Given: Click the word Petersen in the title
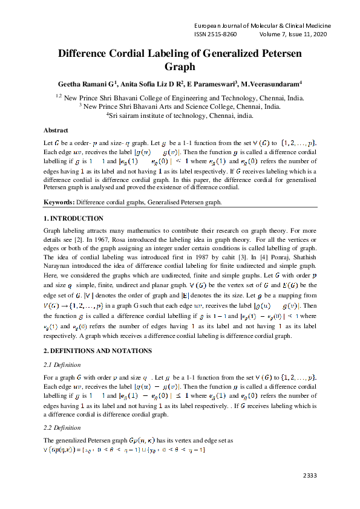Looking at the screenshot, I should coord(275,53).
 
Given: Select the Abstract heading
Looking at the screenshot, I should coord(56,130).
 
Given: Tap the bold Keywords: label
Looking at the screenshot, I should coord(59,202).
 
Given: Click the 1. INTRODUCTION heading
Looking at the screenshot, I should coord(74,218).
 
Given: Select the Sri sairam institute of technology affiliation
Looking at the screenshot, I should coord(180,114).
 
